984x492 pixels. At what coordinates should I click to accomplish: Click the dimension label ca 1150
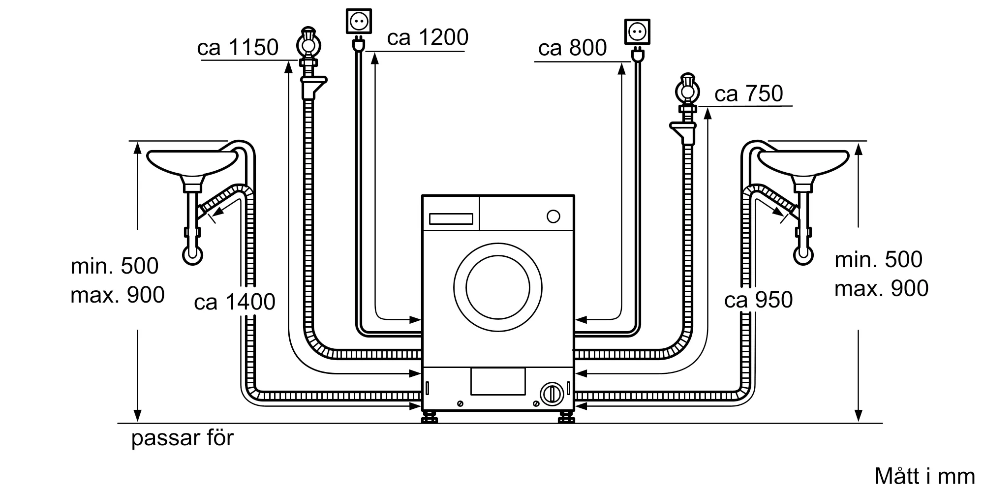238,48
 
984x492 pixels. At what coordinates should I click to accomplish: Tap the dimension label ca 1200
428,38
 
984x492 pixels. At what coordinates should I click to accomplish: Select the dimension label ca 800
572,48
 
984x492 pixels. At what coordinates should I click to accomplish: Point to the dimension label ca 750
748,94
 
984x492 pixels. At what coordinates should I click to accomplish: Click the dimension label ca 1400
235,302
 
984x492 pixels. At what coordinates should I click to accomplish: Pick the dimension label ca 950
758,300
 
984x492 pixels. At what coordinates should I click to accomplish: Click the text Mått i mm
924,476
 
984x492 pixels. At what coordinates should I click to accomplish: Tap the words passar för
183,438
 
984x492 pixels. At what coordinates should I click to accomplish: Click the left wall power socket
359,21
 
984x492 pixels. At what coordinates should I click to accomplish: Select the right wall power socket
637,32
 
